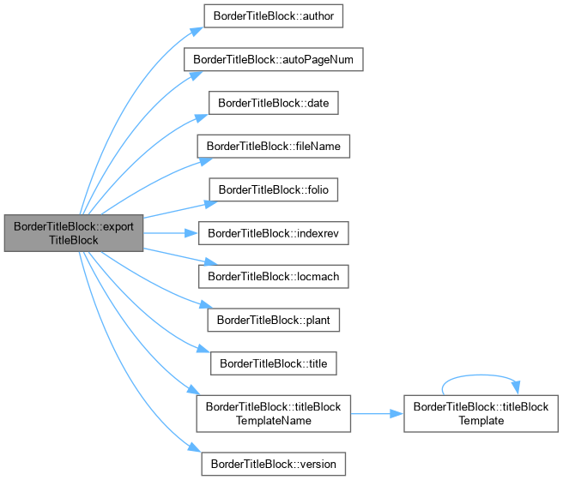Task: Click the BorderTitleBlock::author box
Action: (273, 16)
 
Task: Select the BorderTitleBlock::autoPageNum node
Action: (273, 59)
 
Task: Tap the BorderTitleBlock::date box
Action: (273, 103)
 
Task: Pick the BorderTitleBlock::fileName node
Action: (273, 147)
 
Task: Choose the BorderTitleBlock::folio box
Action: (273, 189)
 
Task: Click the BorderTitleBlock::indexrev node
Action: (273, 233)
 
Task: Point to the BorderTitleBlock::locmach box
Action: (273, 276)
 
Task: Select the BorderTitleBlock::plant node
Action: (273, 320)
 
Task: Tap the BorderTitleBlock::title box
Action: (273, 363)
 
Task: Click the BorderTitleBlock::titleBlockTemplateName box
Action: (273, 414)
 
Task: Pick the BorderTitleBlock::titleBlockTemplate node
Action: (481, 414)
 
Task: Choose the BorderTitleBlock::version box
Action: (273, 465)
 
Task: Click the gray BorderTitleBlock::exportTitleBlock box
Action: (74, 233)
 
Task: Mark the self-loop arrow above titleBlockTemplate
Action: (481, 375)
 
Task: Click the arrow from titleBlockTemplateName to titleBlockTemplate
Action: (377, 414)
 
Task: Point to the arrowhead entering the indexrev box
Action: (191, 233)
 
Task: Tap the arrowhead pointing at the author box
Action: (197, 31)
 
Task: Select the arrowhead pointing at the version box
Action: (195, 447)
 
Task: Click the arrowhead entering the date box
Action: (202, 118)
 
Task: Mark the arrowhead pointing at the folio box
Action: (211, 204)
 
